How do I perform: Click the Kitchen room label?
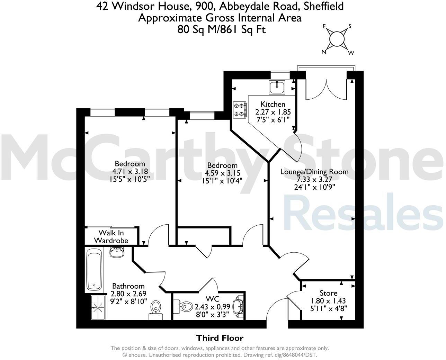click(x=273, y=104)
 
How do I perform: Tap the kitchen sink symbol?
click(x=277, y=87)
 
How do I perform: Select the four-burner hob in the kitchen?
click(x=240, y=109)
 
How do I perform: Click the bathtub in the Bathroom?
click(x=94, y=270)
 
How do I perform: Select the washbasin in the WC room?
click(x=238, y=306)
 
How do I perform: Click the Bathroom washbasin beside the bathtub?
click(x=117, y=252)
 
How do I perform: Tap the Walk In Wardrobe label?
click(x=111, y=236)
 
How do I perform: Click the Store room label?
click(x=328, y=293)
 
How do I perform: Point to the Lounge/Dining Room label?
click(x=314, y=172)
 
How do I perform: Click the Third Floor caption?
click(x=220, y=338)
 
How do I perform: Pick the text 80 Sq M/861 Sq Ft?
click(x=221, y=29)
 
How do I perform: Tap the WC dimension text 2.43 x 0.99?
click(x=212, y=307)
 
